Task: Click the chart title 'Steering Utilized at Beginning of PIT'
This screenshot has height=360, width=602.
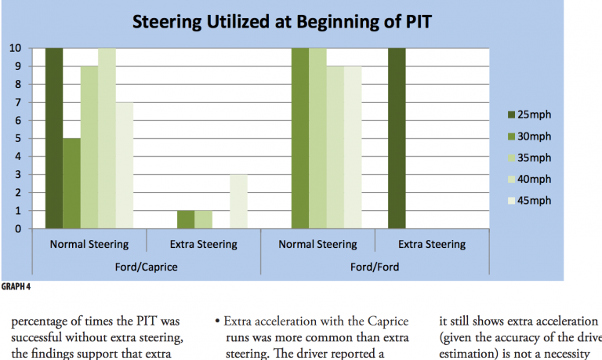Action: pos(281,20)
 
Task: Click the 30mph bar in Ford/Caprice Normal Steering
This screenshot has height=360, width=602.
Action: pos(71,184)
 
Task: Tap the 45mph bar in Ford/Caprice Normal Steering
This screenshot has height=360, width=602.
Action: pos(123,165)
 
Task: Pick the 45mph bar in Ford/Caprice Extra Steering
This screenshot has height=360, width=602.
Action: pos(238,202)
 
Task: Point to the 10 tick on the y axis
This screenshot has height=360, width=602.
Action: pos(15,48)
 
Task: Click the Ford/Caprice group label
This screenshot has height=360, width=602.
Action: pos(147,267)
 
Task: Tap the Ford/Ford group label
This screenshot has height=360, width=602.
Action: pos(375,267)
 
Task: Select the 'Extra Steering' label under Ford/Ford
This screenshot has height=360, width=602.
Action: pos(432,244)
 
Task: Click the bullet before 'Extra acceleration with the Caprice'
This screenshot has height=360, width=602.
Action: pos(217,322)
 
